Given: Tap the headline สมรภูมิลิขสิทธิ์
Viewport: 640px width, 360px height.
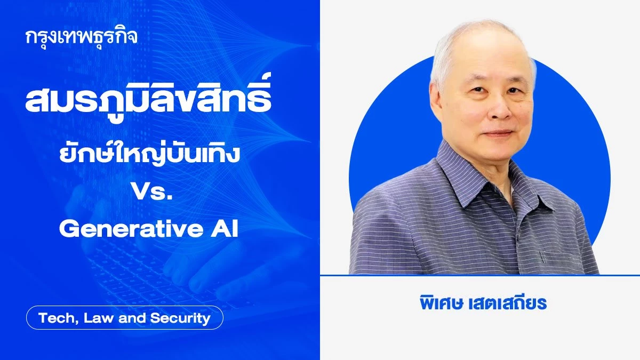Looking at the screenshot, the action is [x=148, y=98].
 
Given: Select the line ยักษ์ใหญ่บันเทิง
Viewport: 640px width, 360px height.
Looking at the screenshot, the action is [x=149, y=154].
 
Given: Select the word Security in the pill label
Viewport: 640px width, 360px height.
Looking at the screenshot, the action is [x=180, y=318].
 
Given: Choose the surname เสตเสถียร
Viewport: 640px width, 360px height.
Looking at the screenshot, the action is [x=508, y=303].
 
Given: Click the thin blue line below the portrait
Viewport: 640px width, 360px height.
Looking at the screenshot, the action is [x=480, y=275].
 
